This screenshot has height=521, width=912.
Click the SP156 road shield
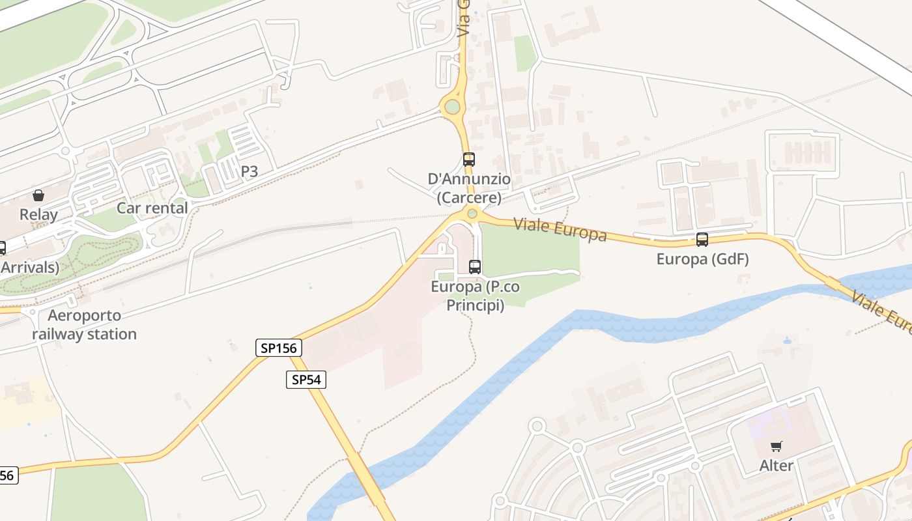279,348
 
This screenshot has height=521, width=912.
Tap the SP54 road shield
306,380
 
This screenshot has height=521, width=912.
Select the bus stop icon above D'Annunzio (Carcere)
468,159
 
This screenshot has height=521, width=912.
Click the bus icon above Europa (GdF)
702,239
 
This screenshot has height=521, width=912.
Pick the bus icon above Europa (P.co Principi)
475,266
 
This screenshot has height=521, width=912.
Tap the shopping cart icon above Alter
776,447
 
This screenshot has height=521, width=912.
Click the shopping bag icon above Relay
38,195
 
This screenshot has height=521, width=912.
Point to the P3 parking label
249,172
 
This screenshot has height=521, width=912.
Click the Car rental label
152,208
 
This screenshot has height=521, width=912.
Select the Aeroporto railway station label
85,325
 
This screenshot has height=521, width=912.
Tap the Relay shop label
38,215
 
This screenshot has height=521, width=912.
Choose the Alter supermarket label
776,466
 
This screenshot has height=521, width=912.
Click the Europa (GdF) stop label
702,259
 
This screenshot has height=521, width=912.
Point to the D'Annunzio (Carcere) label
469,188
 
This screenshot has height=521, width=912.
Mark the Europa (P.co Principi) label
475,296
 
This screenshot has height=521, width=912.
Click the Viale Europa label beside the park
560,229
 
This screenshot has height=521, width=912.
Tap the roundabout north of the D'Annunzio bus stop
452,107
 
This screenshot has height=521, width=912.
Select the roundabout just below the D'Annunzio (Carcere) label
472,214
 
